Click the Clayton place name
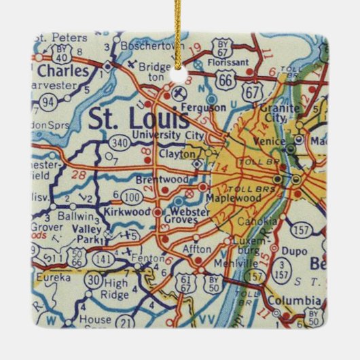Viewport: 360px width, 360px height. coord(175,154)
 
